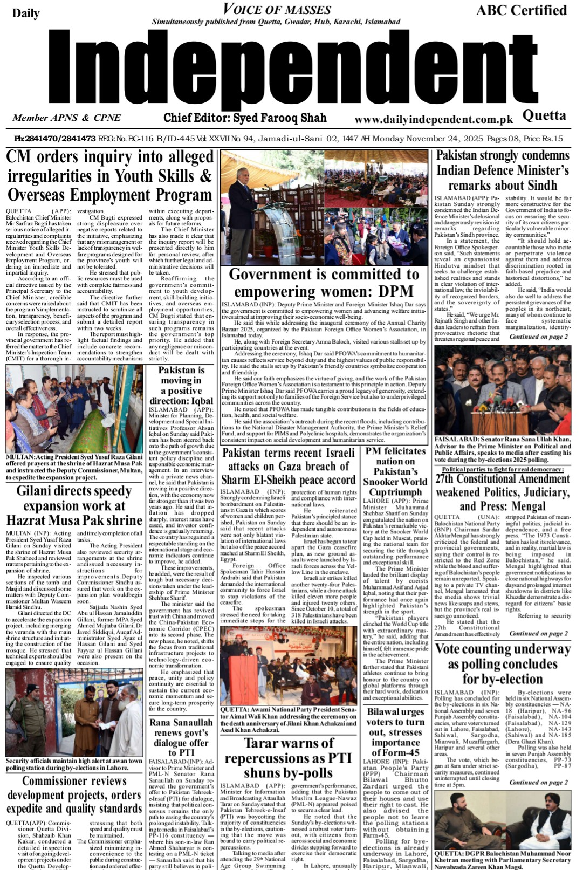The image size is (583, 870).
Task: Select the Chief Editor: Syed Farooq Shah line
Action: click(245, 118)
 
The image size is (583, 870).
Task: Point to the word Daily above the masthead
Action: click(26, 13)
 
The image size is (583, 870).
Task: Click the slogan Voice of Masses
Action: click(277, 9)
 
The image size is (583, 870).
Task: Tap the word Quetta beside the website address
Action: click(544, 115)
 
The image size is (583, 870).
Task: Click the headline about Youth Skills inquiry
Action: click(109, 176)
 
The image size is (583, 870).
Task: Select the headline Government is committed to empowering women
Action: click(324, 283)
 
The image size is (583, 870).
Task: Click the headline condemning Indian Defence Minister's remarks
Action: click(503, 170)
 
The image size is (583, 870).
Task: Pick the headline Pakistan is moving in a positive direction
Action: click(181, 386)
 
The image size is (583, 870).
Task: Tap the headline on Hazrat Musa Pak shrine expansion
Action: click(74, 505)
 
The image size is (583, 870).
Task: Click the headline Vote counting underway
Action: click(503, 663)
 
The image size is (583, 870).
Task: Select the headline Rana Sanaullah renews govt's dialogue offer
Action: click(181, 737)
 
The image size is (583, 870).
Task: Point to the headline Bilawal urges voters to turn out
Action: click(395, 732)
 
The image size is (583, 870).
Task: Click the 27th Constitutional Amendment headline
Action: click(503, 492)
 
